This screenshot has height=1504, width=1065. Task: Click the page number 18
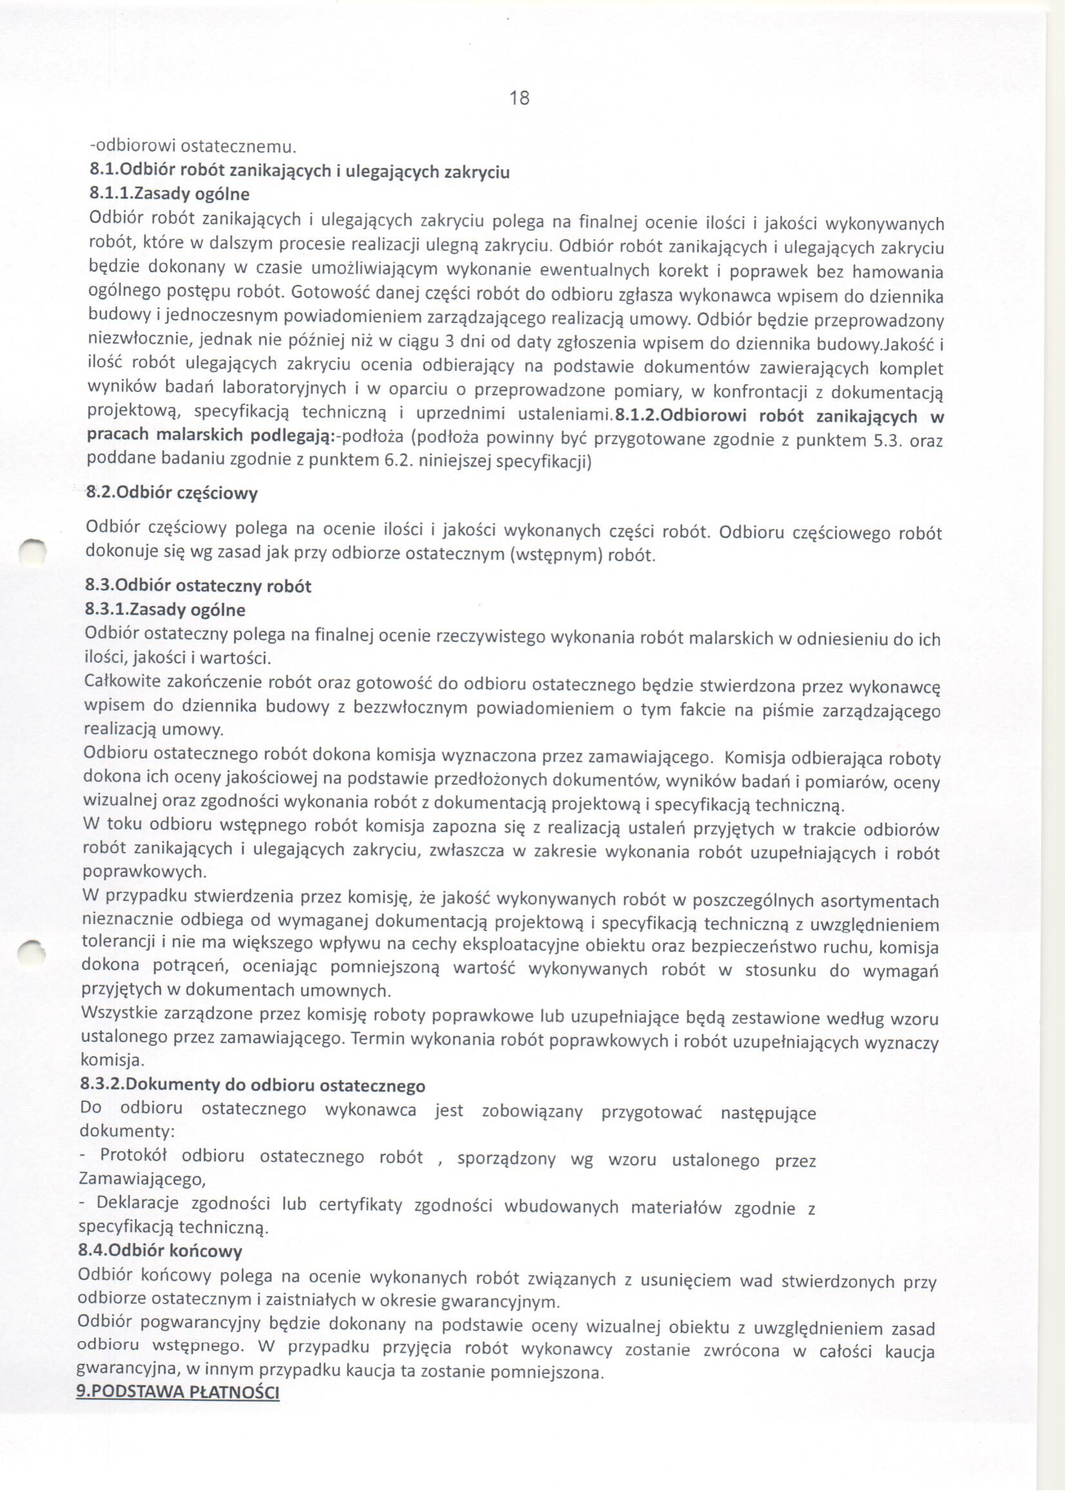[x=519, y=98]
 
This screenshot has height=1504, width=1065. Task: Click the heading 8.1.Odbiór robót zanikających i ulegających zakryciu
[x=299, y=172]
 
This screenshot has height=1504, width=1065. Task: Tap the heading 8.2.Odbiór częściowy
[x=172, y=493]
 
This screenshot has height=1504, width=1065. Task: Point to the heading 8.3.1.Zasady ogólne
[x=165, y=609]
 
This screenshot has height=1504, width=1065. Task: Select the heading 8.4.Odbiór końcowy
[x=160, y=1250]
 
